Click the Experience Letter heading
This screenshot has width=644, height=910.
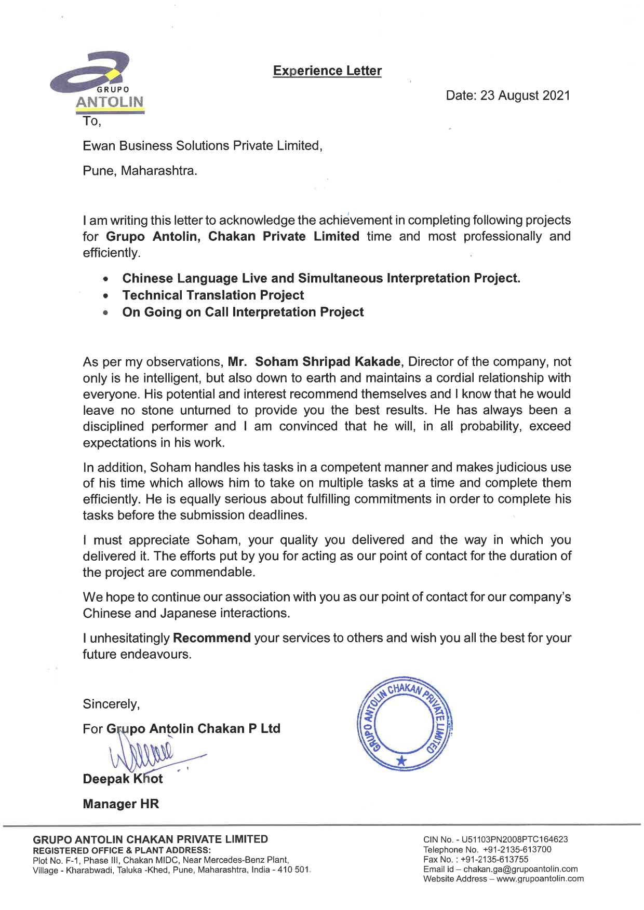[x=327, y=71]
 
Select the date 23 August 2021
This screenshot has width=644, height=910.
[x=525, y=96]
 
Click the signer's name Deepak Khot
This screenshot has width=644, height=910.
[x=123, y=779]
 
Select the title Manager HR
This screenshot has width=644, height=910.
[x=120, y=804]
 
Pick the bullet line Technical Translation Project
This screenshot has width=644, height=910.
[x=213, y=295]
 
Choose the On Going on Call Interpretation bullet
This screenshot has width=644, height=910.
[x=243, y=312]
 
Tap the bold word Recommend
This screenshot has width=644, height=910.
[x=212, y=637]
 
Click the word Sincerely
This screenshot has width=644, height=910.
[x=111, y=704]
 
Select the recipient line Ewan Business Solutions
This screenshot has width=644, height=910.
[x=203, y=146]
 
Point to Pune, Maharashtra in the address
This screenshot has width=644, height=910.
[x=140, y=170]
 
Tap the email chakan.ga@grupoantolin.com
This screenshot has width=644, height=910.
[x=520, y=869]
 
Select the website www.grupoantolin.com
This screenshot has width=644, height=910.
[x=540, y=879]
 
